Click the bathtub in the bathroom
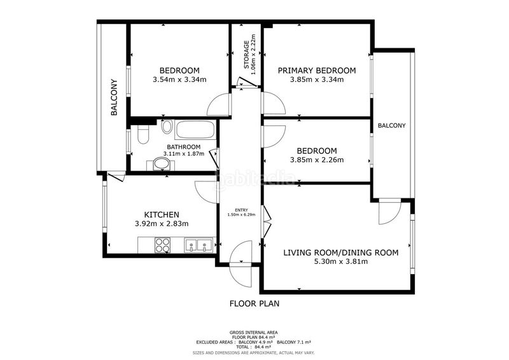coord(195,130)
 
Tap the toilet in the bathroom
coord(143,134)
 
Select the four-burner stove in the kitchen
coord(162,245)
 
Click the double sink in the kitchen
coord(199,245)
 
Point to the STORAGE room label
coord(246,55)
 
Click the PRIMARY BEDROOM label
coord(316,71)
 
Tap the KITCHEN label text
coord(162,214)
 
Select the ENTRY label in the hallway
coord(242,210)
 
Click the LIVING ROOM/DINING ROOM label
coord(341,253)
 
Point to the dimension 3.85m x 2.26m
coord(316,160)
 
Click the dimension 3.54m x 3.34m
coord(179,80)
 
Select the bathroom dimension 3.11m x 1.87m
coord(184,153)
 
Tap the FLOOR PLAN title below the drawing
coord(254,304)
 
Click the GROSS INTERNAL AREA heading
coord(253,333)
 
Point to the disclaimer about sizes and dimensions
coord(253,352)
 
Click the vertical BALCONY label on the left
coord(114,97)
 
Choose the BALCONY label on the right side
coord(391,126)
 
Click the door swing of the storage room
coord(245,83)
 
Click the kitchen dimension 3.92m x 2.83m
coord(162,224)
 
